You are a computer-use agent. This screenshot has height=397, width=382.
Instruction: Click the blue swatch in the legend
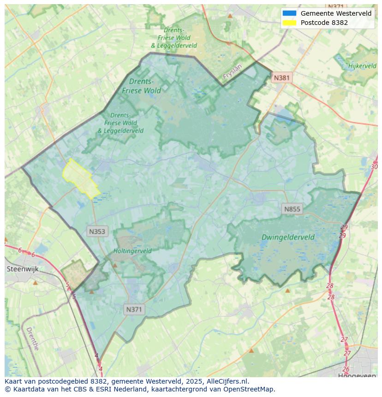pyautogui.click(x=289, y=13)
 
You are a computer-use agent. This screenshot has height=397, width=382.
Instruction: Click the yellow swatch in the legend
pyautogui.click(x=289, y=23)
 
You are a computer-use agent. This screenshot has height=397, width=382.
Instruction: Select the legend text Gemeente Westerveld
pyautogui.click(x=336, y=13)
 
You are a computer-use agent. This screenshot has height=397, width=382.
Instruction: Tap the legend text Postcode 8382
pyautogui.click(x=324, y=23)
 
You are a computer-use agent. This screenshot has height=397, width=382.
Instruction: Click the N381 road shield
pyautogui.click(x=281, y=77)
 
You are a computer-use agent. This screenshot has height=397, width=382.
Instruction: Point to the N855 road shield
pyautogui.click(x=292, y=209)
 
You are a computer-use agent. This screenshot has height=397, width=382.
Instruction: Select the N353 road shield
pyautogui.click(x=97, y=231)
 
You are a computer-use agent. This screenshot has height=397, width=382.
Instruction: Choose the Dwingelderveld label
pyautogui.click(x=288, y=237)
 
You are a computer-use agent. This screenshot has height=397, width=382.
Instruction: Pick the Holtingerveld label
pyautogui.click(x=132, y=251)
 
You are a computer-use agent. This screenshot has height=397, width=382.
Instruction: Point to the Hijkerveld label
pyautogui.click(x=362, y=66)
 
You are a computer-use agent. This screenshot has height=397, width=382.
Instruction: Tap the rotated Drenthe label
pyautogui.click(x=32, y=339)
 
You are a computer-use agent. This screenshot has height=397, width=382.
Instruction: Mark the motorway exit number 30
pyautogui.click(x=374, y=166)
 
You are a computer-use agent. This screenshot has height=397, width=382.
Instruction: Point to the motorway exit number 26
pyautogui.click(x=346, y=369)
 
